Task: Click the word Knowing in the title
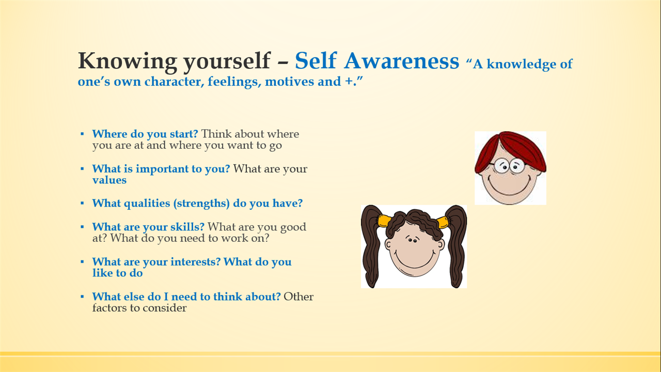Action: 128,61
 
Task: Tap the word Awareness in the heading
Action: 402,61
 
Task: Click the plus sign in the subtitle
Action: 349,82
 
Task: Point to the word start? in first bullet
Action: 183,134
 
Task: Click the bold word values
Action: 109,180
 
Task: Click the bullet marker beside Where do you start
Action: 82,134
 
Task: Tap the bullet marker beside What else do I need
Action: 82,297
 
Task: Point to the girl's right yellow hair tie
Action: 442,222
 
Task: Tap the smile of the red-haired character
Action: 510,187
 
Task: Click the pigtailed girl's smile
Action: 415,261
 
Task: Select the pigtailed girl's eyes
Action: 412,240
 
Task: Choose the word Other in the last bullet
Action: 298,297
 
